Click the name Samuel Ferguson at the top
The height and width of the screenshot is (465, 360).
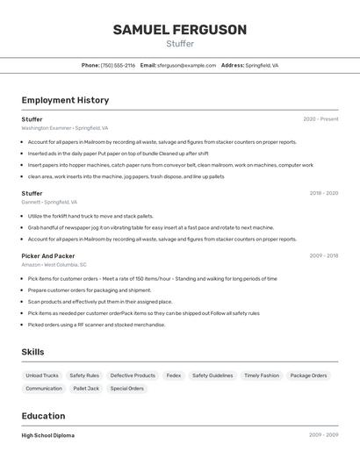(x=180, y=30)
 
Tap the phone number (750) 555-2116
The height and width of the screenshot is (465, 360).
(x=118, y=65)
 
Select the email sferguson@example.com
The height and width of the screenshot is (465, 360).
(x=186, y=65)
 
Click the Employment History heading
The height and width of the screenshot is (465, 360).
(x=65, y=100)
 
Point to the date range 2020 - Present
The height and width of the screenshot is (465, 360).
(x=320, y=119)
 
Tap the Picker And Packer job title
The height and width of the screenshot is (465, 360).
(x=48, y=256)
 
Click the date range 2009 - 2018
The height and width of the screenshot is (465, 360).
(x=324, y=256)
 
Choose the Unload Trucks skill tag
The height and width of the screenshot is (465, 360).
(x=42, y=376)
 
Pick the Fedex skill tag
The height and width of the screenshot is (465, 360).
(x=174, y=376)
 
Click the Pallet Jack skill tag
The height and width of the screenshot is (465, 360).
(x=86, y=388)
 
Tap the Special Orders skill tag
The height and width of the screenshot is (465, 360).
(x=126, y=388)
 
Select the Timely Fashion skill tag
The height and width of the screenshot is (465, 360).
(x=262, y=376)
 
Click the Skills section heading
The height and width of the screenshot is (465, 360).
(x=33, y=352)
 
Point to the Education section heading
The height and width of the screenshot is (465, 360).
(x=43, y=416)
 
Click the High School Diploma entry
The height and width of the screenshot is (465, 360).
(x=48, y=435)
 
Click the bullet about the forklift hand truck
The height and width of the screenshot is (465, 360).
(x=90, y=216)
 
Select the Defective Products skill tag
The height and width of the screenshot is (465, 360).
(x=133, y=376)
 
